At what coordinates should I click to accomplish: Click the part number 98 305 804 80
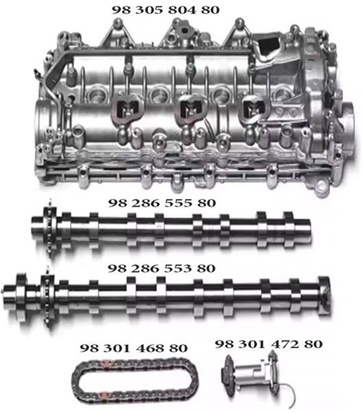pos(165,9)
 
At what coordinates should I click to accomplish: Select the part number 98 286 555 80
pos(162,203)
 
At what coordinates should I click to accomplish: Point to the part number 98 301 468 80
pos(133,348)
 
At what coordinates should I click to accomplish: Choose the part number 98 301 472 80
pos(268,344)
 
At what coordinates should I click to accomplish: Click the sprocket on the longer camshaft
pos(48,296)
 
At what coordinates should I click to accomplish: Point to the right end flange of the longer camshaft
pos(324,295)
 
